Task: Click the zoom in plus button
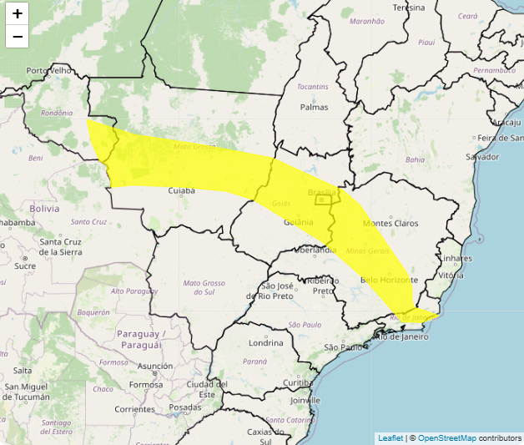pos(17,13)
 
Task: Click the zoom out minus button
pos(17,37)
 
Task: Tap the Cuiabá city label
pos(181,190)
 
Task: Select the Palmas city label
pos(314,107)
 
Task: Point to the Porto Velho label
pos(51,71)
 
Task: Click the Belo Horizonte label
pos(389,281)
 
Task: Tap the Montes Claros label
pos(390,224)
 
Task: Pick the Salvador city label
pos(482,156)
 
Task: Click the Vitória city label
pos(451,275)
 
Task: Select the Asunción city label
pos(155,366)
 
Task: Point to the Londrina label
pos(265,343)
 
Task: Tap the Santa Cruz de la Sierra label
pos(60,246)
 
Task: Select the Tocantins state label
pos(312,86)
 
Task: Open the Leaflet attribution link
pos(390,437)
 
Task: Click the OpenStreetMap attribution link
pos(446,437)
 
